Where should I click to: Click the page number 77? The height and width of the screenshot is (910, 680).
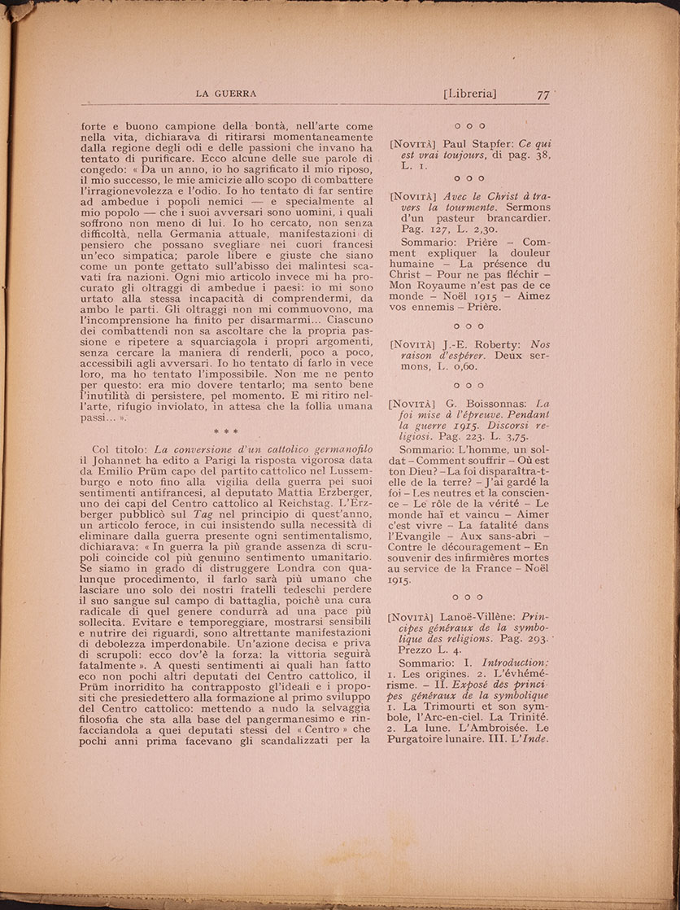(x=544, y=94)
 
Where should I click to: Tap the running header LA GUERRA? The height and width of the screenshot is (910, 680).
(x=226, y=94)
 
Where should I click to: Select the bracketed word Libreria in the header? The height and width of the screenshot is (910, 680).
(x=470, y=94)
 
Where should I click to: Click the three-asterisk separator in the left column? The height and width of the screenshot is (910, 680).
(x=226, y=431)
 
